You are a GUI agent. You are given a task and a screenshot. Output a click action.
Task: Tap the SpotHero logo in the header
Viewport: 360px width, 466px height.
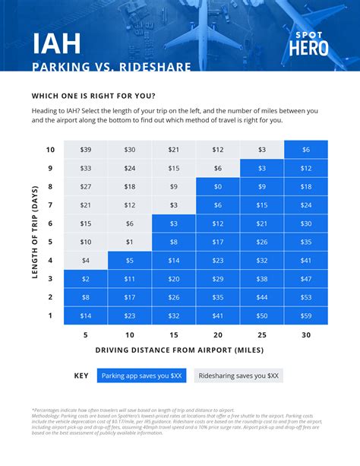[310, 43]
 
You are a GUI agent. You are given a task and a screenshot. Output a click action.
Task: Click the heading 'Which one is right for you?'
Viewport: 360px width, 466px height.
[94, 96]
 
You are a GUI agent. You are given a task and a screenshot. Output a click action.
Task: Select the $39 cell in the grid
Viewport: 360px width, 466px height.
[85, 150]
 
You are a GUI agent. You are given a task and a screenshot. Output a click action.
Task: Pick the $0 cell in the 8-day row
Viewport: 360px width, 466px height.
[218, 186]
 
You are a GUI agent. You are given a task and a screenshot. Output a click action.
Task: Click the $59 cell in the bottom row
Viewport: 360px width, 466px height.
[306, 315]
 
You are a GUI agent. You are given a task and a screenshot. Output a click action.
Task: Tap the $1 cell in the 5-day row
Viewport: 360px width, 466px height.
[130, 242]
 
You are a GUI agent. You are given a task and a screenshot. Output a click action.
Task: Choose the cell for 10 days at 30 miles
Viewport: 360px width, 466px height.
[306, 150]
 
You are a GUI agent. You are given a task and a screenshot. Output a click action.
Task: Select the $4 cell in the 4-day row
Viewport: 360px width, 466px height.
[85, 260]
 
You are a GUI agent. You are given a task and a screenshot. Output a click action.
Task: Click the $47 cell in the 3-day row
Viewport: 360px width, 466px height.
[306, 278]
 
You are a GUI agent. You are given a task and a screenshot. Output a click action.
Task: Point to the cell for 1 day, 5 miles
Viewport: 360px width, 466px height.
[85, 315]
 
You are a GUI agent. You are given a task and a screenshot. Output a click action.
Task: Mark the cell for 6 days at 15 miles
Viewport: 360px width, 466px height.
[174, 223]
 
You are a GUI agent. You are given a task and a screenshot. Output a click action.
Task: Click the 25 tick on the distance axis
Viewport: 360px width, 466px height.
[262, 334]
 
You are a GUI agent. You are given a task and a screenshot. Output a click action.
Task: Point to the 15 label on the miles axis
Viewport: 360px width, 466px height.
[174, 334]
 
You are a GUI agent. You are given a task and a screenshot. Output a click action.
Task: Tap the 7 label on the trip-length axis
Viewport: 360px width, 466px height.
[50, 205]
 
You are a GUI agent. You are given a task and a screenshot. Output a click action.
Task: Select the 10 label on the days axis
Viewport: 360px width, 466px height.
[50, 150]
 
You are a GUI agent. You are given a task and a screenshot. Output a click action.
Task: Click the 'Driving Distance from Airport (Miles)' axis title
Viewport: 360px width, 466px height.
[180, 350]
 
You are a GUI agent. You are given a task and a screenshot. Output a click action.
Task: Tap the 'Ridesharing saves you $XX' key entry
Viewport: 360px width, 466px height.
[238, 376]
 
